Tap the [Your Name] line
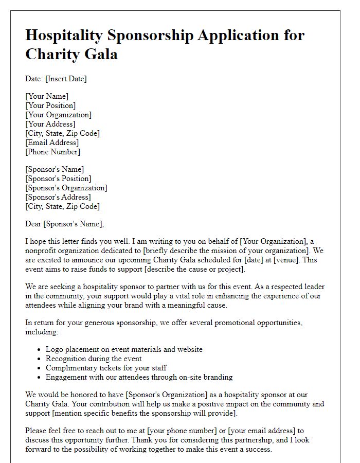point(47,96)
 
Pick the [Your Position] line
point(50,105)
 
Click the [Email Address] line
point(52,143)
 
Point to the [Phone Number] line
point(52,152)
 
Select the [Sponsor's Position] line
point(58,179)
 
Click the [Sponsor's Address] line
point(58,197)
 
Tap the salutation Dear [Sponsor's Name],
point(64,224)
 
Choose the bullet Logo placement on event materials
point(124,349)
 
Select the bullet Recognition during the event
point(94,359)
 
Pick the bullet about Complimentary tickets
point(106,368)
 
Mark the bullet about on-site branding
point(139,377)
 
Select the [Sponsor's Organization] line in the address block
point(66,188)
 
